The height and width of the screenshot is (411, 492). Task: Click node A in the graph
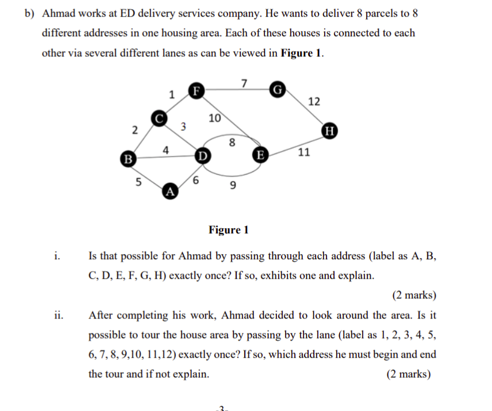pyautogui.click(x=170, y=191)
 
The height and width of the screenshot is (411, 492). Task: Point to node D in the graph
pyautogui.click(x=202, y=155)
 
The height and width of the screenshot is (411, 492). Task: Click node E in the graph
pyautogui.click(x=260, y=155)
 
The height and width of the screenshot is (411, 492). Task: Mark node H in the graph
pyautogui.click(x=329, y=129)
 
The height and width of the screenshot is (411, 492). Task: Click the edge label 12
pyautogui.click(x=314, y=102)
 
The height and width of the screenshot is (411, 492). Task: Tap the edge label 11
pyautogui.click(x=304, y=153)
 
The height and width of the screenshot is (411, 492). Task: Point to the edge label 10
pyautogui.click(x=214, y=119)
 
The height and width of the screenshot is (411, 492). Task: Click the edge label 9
pyautogui.click(x=233, y=185)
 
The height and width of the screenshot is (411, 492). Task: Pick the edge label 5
pyautogui.click(x=138, y=183)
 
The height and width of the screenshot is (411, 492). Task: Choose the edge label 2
pyautogui.click(x=134, y=130)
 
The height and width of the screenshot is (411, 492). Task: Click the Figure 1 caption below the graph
pyautogui.click(x=229, y=231)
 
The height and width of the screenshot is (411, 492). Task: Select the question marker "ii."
pyautogui.click(x=57, y=315)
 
